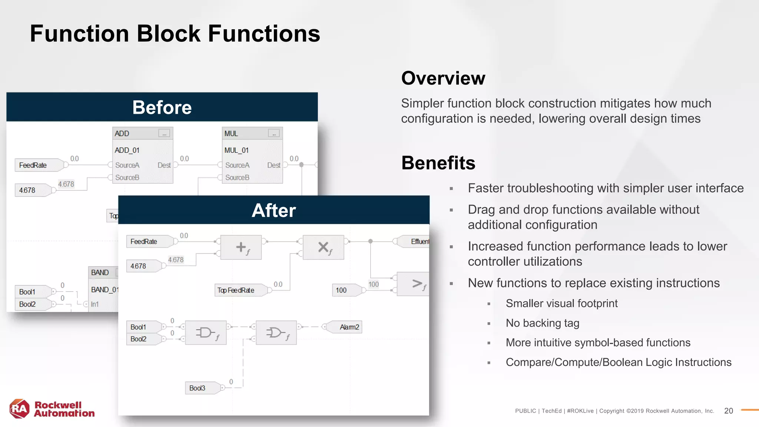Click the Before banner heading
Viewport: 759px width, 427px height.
click(162, 107)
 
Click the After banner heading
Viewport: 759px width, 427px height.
click(274, 211)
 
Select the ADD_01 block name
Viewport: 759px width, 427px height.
click(127, 150)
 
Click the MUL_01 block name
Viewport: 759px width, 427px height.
click(236, 150)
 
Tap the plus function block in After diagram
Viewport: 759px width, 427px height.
click(241, 247)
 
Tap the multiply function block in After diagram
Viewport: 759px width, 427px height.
click(323, 247)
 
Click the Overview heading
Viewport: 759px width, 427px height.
click(443, 78)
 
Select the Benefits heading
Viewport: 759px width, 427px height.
click(438, 163)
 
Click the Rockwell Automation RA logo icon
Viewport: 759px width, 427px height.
click(19, 409)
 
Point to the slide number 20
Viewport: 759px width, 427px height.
click(728, 411)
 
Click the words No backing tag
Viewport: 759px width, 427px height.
click(542, 323)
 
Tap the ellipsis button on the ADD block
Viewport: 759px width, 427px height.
click(164, 133)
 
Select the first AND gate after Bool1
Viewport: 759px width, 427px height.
click(206, 332)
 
